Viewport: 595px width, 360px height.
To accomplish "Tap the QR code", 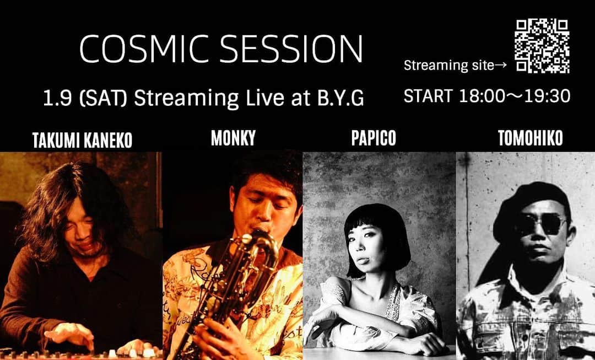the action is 542,46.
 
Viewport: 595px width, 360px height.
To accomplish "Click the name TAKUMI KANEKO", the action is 82,141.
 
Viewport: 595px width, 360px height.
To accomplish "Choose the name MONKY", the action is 233,138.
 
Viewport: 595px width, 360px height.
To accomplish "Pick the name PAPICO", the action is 374,138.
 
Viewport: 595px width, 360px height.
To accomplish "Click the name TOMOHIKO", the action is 530,138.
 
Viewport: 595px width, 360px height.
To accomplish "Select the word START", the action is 428,96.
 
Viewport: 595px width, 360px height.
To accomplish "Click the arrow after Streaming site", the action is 501,66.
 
